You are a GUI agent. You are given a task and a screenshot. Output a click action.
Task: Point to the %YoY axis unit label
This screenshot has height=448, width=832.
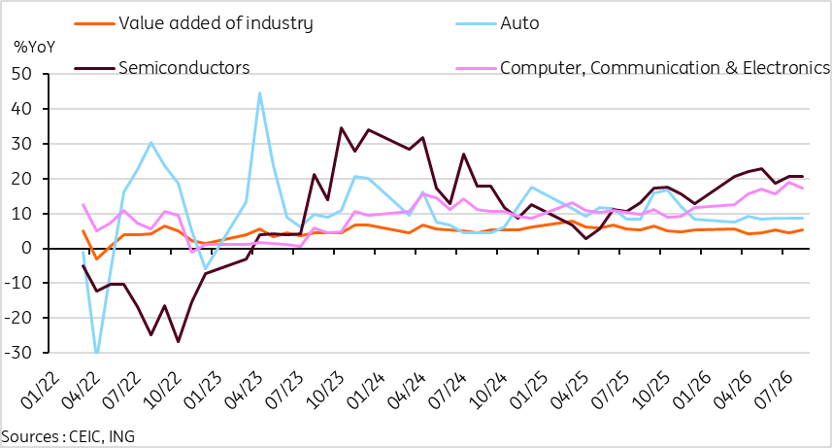pyautogui.click(x=35, y=47)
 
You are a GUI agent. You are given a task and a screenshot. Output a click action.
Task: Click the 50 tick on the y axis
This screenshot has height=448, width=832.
pyautogui.click(x=21, y=74)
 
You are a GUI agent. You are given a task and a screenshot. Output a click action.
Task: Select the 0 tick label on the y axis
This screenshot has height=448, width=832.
pyautogui.click(x=27, y=248)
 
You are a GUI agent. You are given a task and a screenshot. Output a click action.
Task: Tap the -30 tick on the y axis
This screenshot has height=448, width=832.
pyautogui.click(x=18, y=353)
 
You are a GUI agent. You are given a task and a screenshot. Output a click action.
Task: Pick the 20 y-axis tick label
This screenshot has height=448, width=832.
pyautogui.click(x=21, y=179)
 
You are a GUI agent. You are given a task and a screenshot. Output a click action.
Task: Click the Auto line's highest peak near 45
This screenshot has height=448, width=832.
pyautogui.click(x=259, y=93)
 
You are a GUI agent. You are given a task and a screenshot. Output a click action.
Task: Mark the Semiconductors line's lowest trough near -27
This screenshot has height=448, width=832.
pyautogui.click(x=178, y=342)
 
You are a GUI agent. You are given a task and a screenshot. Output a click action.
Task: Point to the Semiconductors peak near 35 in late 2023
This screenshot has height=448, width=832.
pyautogui.click(x=341, y=127)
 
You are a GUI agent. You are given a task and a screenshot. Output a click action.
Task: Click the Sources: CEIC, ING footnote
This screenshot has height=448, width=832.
pyautogui.click(x=68, y=437)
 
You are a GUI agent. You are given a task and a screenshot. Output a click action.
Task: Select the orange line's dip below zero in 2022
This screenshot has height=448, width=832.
pyautogui.click(x=96, y=258)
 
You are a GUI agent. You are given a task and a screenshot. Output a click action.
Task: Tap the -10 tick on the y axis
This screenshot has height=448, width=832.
pyautogui.click(x=18, y=283)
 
